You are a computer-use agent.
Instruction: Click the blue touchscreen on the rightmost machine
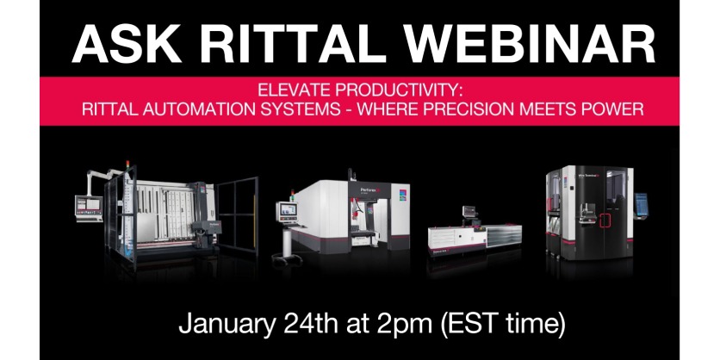click(642, 203)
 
